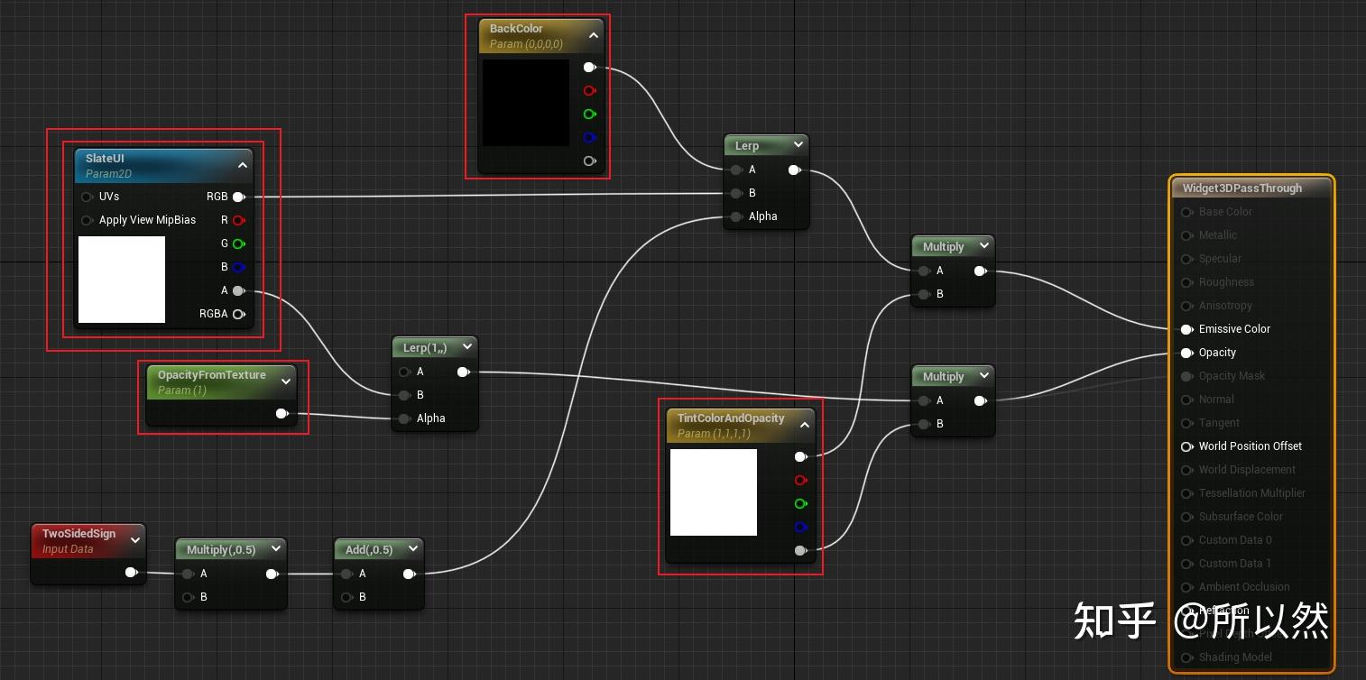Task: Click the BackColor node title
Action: coord(516,29)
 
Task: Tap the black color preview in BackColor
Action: coord(525,102)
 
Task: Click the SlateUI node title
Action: coord(105,159)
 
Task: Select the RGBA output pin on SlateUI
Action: coord(238,314)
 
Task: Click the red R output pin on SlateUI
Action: coord(238,220)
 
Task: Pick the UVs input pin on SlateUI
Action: coord(88,197)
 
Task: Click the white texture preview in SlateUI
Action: coord(122,279)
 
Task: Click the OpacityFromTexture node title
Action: coord(212,375)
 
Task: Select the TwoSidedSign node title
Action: coord(78,534)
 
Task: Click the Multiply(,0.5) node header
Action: coord(221,549)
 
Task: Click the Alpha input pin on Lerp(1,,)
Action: coord(404,418)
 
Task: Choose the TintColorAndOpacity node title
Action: coord(731,418)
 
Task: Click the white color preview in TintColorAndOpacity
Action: coord(713,492)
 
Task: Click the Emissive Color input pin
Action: coord(1187,329)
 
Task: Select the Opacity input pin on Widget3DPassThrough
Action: coord(1187,353)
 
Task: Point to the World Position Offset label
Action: coord(1250,446)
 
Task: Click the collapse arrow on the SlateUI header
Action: coord(242,165)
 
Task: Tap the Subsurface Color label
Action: coord(1241,517)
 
